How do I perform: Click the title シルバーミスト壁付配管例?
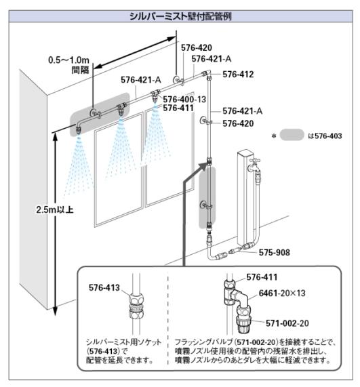click(180, 16)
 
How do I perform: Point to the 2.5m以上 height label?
click(55, 209)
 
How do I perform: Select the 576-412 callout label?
click(238, 75)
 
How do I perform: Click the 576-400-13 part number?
click(184, 99)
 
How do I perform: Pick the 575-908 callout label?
click(275, 252)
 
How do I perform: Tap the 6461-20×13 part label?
click(282, 293)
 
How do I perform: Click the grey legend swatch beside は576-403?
click(292, 135)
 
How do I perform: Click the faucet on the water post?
click(254, 163)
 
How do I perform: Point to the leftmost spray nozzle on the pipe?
click(79, 128)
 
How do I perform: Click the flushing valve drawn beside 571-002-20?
click(243, 320)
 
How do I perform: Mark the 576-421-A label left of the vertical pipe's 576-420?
click(243, 111)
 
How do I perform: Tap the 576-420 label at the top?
click(197, 47)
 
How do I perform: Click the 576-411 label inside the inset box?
click(262, 277)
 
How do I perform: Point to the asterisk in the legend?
click(274, 136)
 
